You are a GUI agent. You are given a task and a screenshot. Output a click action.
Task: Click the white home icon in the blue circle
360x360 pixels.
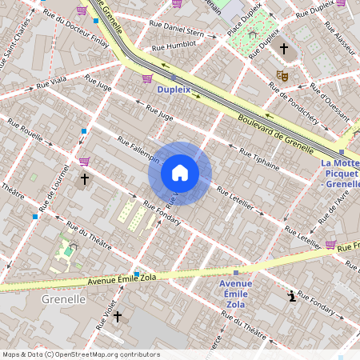coord(180,173)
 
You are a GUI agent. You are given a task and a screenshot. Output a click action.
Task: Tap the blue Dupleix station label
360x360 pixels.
coord(174,90)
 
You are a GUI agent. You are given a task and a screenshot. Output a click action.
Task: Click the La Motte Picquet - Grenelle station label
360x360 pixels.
coord(341,174)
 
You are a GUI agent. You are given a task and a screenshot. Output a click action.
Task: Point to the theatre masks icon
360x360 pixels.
coord(282,75)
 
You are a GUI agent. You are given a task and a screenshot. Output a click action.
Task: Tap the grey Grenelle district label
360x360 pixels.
coord(62,299)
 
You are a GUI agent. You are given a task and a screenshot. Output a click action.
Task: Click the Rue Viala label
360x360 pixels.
coord(52,82)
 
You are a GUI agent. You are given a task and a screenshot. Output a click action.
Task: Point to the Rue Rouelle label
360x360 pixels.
coord(26,130)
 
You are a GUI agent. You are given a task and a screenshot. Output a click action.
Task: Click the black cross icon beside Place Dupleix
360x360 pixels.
coord(283,50)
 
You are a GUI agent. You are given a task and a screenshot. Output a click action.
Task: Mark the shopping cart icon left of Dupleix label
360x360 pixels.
coord(147,78)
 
